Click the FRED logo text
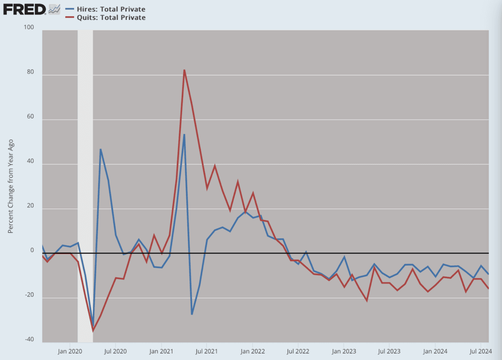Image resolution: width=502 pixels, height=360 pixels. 24,9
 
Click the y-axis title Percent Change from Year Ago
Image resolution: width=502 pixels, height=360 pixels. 11,186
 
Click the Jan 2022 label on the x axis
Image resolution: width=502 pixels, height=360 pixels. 253,352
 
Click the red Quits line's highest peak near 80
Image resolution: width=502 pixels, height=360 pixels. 184,70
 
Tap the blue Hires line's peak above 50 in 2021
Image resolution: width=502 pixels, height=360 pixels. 184,135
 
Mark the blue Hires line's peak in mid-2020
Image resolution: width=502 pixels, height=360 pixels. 100,149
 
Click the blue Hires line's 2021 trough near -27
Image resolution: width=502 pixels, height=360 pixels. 192,314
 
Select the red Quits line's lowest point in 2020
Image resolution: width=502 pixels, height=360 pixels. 93,331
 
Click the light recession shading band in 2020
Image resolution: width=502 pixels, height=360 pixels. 85,126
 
